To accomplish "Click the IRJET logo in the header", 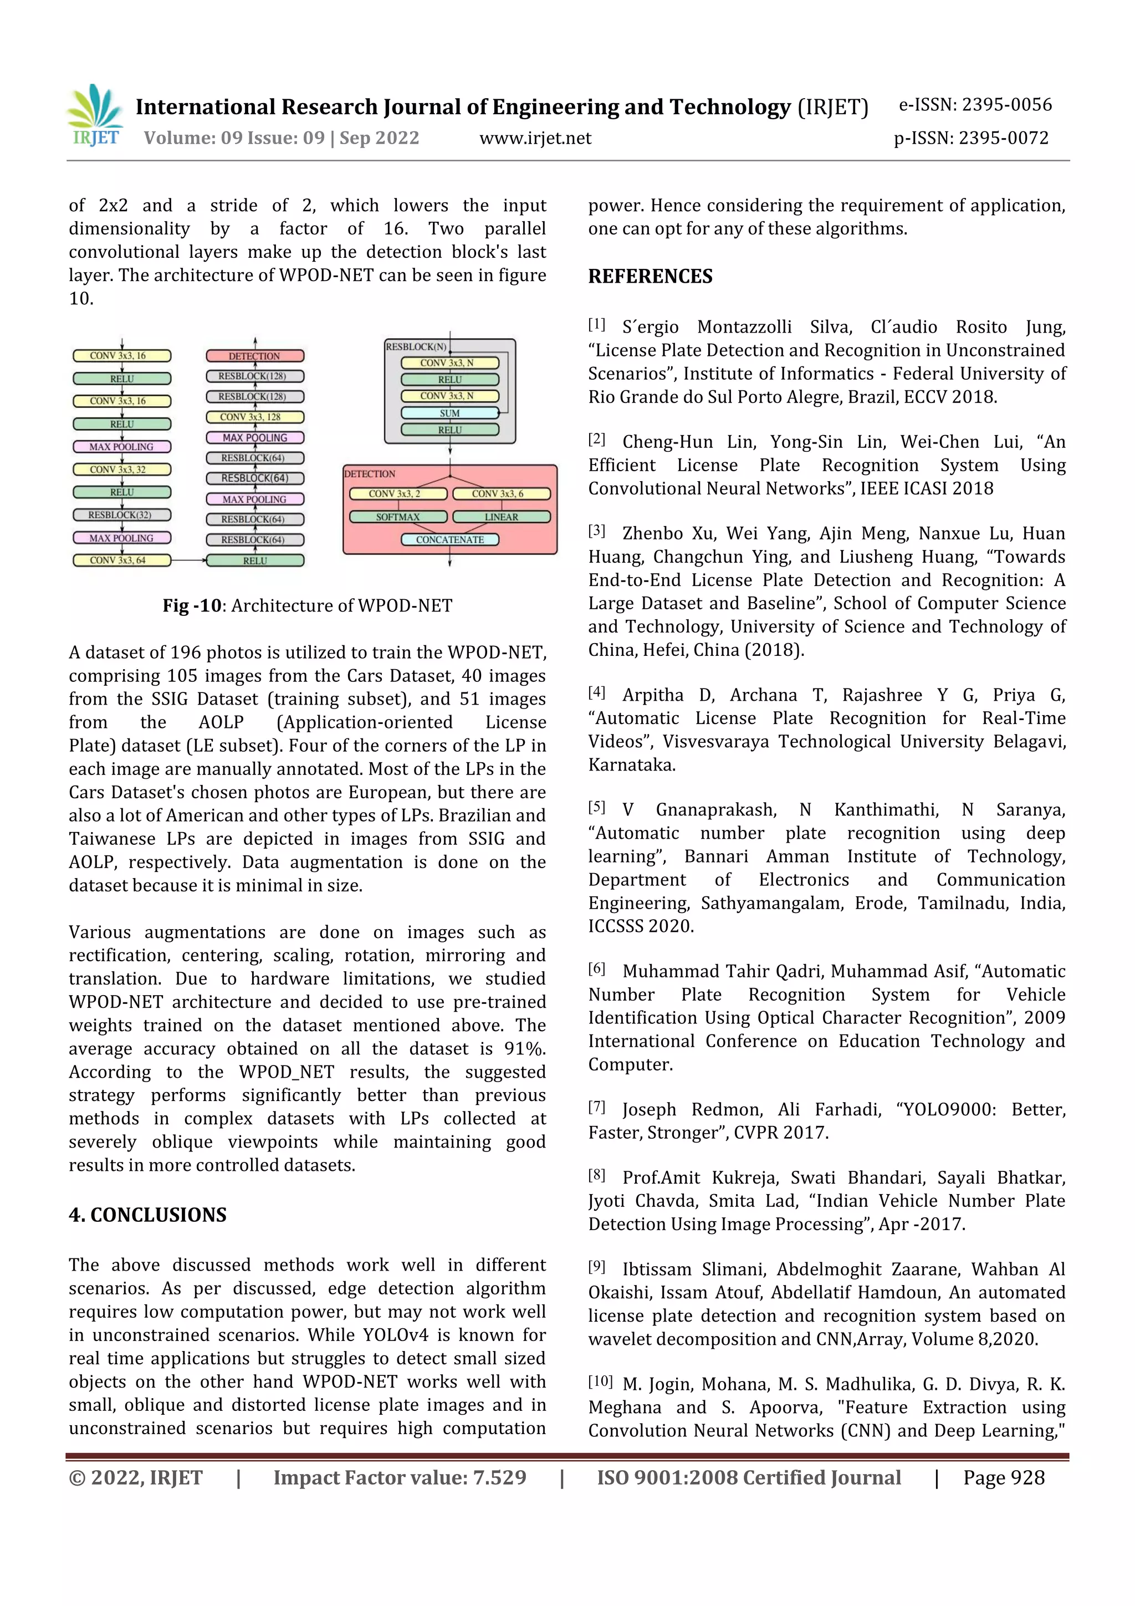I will [96, 115].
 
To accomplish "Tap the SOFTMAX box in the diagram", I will [397, 517].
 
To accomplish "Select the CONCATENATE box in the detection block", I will [449, 539].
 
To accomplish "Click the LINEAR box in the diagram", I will [502, 517].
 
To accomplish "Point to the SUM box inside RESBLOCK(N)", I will [449, 412].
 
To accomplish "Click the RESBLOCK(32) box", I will [122, 515].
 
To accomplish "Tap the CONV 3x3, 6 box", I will [502, 494].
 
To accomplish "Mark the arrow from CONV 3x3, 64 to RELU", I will [188, 560].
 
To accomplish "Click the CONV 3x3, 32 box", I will [122, 470].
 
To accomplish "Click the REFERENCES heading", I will [650, 276].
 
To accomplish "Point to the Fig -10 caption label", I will [192, 606].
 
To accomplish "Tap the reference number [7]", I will [596, 1107].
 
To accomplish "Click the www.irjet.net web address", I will [535, 139].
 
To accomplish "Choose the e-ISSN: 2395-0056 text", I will [975, 105].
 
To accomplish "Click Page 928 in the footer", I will [1004, 1478].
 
